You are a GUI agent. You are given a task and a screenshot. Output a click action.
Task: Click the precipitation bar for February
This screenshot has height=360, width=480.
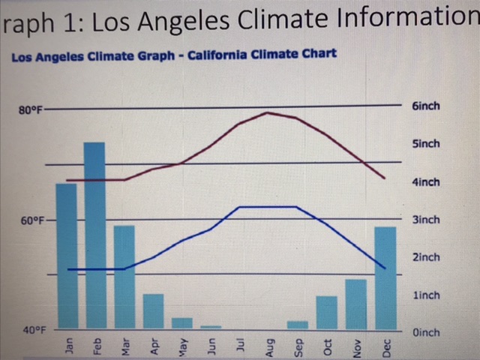94,235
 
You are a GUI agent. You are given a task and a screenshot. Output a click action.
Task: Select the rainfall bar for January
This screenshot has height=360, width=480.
67,256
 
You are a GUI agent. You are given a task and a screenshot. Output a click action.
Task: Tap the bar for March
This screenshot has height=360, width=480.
124,277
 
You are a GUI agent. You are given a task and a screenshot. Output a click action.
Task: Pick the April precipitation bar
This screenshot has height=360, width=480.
153,310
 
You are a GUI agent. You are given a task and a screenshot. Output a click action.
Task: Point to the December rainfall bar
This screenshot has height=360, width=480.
385,277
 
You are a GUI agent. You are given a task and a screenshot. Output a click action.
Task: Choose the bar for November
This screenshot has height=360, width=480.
356,304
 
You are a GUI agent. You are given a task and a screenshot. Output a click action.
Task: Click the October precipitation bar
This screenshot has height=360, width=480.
327,312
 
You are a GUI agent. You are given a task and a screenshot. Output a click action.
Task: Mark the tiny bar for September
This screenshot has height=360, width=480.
298,325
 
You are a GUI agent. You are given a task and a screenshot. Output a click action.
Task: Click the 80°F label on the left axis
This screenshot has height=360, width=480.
31,111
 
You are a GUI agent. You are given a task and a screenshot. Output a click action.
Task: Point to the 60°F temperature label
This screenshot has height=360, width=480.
31,221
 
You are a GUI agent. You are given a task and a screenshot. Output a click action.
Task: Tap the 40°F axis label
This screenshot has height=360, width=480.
31,330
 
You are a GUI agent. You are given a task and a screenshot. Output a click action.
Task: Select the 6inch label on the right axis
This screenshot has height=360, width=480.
426,106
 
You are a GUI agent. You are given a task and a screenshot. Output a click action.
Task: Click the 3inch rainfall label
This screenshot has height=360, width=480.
426,220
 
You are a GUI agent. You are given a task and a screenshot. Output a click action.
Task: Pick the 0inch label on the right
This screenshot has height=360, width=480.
426,332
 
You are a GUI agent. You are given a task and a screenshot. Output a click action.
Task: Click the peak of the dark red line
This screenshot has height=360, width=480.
268,112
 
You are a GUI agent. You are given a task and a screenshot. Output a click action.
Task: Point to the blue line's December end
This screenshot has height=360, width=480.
385,268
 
